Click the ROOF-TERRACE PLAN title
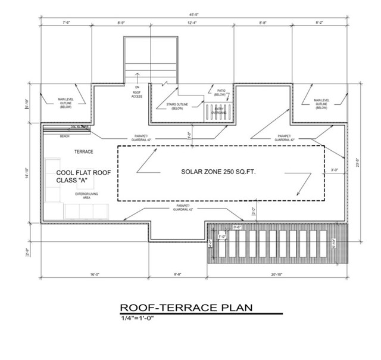point(186,308)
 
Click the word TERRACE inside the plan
point(84,152)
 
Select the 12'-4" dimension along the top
point(192,23)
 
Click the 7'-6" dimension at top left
point(65,23)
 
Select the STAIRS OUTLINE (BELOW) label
point(177,106)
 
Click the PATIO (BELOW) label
point(219,92)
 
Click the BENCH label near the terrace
point(64,136)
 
